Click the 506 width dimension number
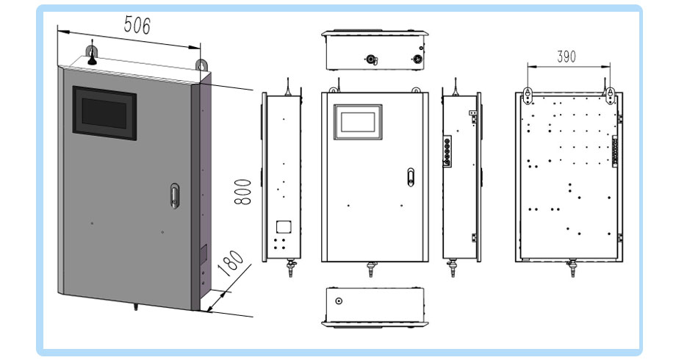tap(137, 25)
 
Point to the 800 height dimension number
tap(242, 192)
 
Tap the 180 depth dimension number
tap(231, 263)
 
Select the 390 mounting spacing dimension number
tap(567, 57)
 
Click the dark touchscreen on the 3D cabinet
tap(105, 113)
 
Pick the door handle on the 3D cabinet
tap(175, 196)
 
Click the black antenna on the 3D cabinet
tap(91, 57)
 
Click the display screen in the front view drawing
tap(358, 122)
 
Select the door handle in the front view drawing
tap(411, 177)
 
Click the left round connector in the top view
tap(371, 60)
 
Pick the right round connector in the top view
tap(417, 59)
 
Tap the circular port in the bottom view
tap(339, 301)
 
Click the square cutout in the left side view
tap(283, 227)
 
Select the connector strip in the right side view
tap(447, 151)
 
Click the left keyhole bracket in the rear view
tap(527, 96)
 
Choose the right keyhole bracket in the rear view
tap(611, 96)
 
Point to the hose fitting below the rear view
tap(572, 269)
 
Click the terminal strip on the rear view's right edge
tap(615, 151)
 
